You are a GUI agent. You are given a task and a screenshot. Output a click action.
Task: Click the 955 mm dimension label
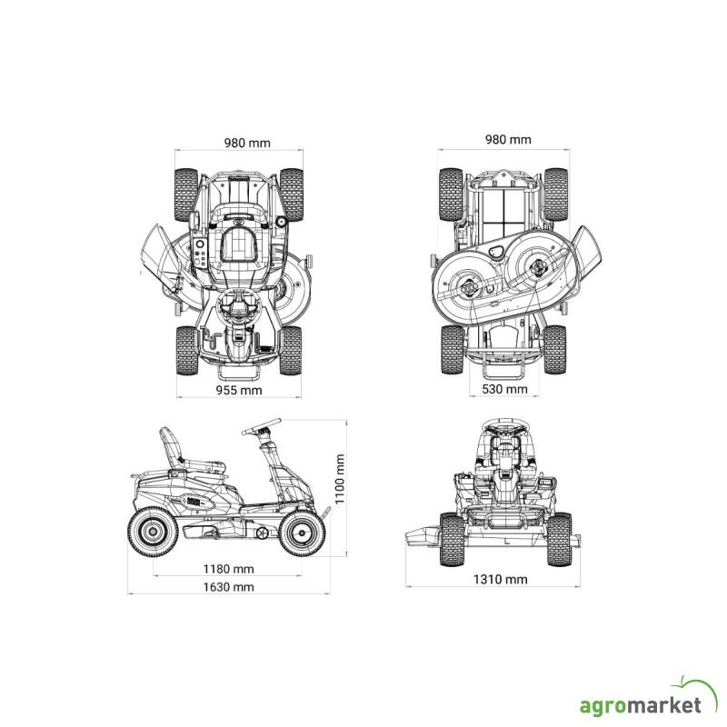[x=239, y=391]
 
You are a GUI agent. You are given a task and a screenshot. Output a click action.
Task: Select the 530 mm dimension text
[x=504, y=389]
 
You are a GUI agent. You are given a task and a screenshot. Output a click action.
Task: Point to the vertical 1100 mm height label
[x=339, y=479]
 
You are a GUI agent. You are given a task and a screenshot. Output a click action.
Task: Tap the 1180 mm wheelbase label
[x=229, y=569]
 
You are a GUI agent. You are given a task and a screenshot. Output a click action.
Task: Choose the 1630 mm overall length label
[x=229, y=587]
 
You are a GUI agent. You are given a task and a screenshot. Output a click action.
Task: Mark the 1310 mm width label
[x=501, y=579]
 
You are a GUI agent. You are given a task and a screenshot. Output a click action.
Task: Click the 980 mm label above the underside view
[x=508, y=140]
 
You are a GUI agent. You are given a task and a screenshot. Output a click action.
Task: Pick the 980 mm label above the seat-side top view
[x=247, y=143]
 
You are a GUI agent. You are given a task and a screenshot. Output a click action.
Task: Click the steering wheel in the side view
[x=261, y=426]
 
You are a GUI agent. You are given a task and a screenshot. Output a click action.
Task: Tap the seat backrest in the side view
[x=170, y=446]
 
